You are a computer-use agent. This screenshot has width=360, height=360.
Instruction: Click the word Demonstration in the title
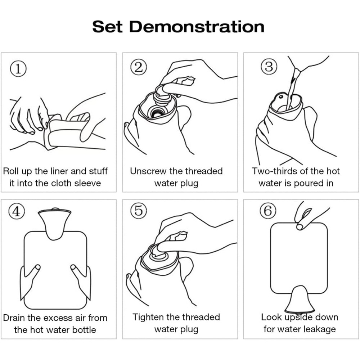click(x=197, y=27)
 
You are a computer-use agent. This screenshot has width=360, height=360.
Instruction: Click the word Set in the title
click(x=107, y=27)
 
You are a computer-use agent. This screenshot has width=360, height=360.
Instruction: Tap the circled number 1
click(x=18, y=69)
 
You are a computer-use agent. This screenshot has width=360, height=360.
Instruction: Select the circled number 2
click(x=139, y=67)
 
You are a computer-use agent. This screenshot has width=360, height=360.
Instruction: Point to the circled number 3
click(x=269, y=67)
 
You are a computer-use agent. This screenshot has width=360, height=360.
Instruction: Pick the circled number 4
click(x=17, y=211)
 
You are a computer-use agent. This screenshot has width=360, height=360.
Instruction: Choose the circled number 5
click(x=139, y=211)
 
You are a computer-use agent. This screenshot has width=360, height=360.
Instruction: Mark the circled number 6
click(x=268, y=211)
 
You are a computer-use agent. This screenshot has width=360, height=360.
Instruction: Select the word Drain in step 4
click(x=14, y=318)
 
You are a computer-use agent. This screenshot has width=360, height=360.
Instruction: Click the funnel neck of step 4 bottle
click(x=54, y=224)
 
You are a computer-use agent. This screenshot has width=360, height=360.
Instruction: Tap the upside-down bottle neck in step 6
click(x=300, y=300)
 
